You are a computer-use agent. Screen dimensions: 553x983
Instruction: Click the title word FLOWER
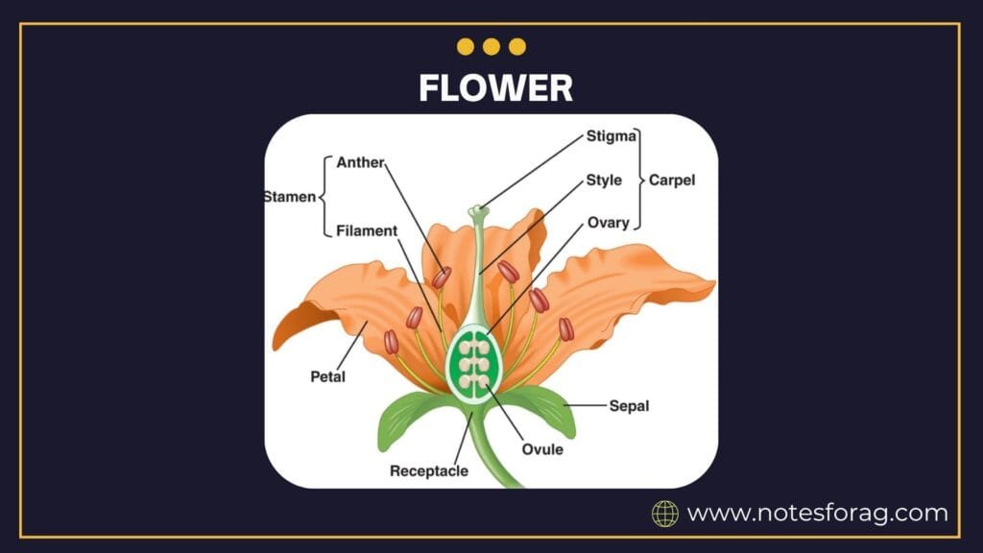495,87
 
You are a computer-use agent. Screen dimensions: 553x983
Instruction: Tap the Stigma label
611,136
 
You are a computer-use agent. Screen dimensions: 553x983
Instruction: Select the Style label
604,180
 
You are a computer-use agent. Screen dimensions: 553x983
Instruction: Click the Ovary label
608,223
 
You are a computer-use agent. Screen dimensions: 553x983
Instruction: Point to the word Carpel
672,180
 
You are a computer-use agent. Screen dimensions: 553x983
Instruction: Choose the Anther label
360,162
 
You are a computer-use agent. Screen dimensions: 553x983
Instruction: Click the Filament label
367,231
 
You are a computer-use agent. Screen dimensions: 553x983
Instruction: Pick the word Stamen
289,197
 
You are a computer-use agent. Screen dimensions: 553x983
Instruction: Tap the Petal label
327,376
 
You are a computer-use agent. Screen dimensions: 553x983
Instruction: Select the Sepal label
629,406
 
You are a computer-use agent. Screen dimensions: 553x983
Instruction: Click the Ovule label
542,448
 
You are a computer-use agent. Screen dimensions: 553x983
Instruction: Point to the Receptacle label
429,470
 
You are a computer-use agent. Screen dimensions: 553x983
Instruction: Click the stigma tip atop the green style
477,210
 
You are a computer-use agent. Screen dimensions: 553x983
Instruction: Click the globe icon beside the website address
665,514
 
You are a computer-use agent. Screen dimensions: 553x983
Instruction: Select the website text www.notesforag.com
817,514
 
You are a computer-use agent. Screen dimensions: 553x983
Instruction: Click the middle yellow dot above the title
491,46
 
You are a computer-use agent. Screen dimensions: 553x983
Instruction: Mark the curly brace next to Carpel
640,180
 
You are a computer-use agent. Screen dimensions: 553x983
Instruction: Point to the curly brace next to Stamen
323,197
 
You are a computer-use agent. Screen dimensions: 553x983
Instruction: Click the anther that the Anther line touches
442,277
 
